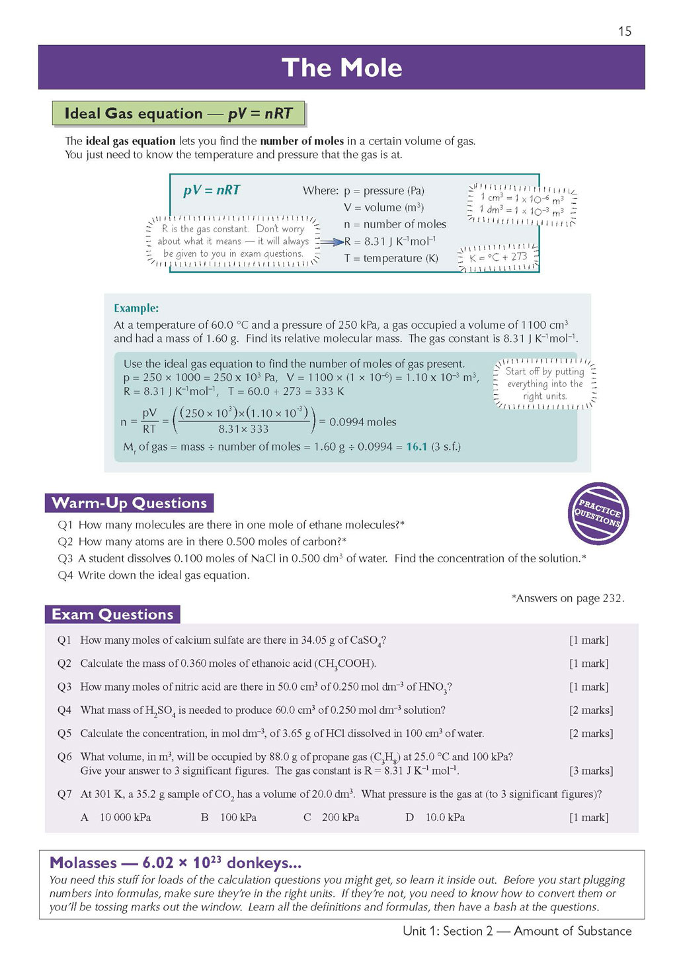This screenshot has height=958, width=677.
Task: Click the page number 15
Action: [625, 31]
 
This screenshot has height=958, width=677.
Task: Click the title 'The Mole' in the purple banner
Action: [342, 67]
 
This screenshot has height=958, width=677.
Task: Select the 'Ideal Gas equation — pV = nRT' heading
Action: [178, 114]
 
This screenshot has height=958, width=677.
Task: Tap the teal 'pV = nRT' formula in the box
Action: [212, 191]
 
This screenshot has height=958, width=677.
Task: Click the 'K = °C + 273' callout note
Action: [498, 257]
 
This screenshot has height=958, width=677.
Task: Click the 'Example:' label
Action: [136, 308]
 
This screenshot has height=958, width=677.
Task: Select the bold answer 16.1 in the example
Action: [417, 447]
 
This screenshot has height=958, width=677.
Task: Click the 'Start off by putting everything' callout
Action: [545, 384]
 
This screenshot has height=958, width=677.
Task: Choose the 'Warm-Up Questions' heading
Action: [130, 503]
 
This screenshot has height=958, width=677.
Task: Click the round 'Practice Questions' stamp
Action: [598, 513]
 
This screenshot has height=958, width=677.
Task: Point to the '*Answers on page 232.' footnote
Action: [567, 598]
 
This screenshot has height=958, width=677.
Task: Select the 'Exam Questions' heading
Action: [112, 615]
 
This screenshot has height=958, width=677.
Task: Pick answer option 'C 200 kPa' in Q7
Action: [332, 818]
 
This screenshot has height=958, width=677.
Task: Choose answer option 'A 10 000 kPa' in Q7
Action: [116, 818]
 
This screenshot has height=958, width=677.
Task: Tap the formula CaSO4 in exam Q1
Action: [366, 640]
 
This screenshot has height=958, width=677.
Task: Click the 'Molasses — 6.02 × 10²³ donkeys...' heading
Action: [176, 863]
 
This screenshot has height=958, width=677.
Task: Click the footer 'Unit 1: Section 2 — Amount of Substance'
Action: [517, 931]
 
